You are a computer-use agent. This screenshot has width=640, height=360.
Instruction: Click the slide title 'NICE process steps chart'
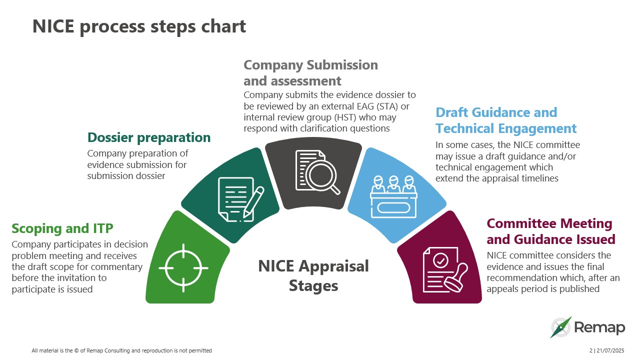pyautogui.click(x=139, y=26)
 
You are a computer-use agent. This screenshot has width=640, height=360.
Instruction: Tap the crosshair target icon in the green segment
pyautogui.click(x=183, y=268)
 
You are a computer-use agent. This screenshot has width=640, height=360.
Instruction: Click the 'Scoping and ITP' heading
pyautogui.click(x=62, y=228)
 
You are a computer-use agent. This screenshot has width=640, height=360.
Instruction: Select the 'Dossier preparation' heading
pyautogui.click(x=148, y=137)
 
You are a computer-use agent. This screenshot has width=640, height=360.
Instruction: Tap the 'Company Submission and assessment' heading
pyautogui.click(x=310, y=73)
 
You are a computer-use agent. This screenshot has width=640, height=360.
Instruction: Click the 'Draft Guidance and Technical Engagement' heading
pyautogui.click(x=505, y=120)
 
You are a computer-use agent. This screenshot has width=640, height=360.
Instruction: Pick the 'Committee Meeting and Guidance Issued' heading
pyautogui.click(x=550, y=231)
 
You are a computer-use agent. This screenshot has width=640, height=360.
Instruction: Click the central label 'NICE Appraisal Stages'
pyautogui.click(x=313, y=275)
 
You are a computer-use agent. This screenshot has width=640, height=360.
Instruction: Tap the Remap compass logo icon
pyautogui.click(x=560, y=327)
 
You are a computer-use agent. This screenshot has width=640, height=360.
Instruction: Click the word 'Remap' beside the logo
pyautogui.click(x=599, y=328)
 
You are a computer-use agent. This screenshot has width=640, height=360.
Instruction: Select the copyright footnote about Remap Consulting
pyautogui.click(x=121, y=350)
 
